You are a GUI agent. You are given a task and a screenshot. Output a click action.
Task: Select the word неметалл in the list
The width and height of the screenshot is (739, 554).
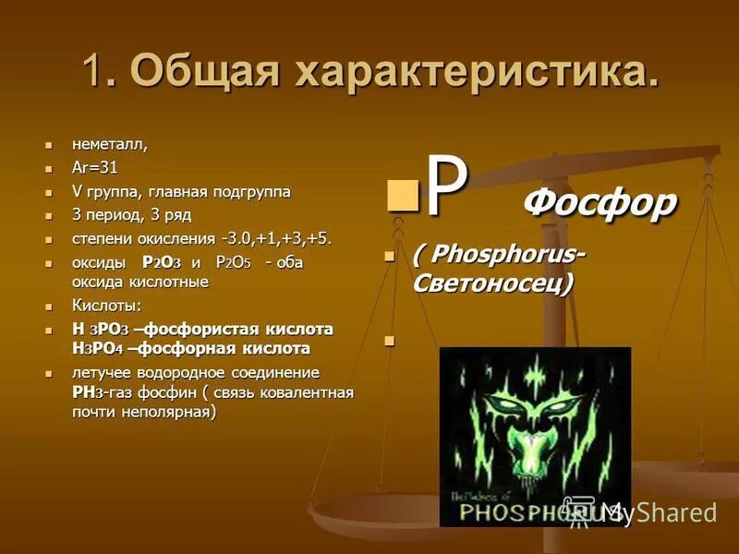coord(109,144)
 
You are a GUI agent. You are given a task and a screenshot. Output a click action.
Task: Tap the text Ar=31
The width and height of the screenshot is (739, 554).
coord(95,168)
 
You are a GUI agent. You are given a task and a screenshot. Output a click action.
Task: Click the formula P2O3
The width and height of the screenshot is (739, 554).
coord(161,263)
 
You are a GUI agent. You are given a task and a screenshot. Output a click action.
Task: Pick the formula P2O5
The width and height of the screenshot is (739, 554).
coord(233,263)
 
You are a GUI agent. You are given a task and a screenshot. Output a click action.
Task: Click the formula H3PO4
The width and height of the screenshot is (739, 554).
coord(96,348)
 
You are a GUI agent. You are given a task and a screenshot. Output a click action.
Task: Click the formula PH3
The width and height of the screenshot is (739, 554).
coord(87,392)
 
